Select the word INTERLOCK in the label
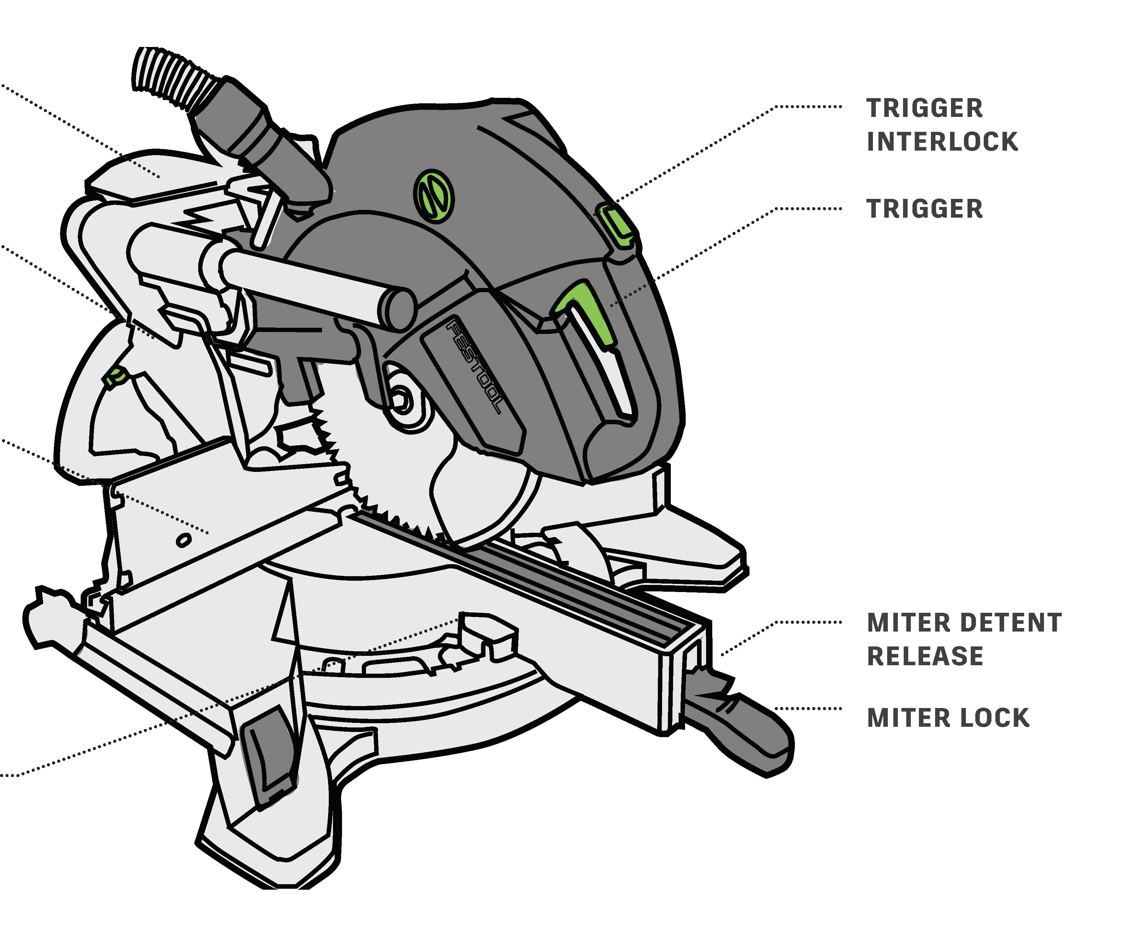click(942, 142)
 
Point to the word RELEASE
click(924, 656)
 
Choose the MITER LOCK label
click(948, 718)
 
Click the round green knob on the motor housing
click(433, 196)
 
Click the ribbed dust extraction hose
click(171, 77)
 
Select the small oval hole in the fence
click(183, 541)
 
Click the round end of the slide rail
click(398, 309)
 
